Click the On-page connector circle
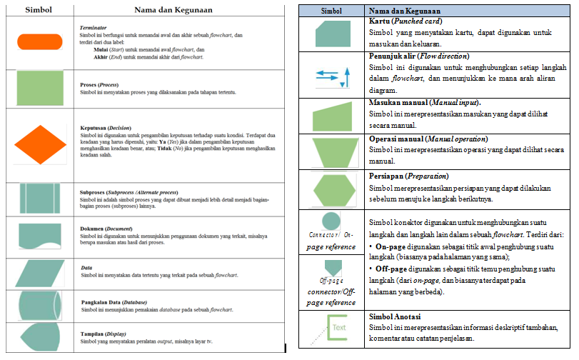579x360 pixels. [331, 220]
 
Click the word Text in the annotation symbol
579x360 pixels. [338, 329]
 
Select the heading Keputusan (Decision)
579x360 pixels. [107, 128]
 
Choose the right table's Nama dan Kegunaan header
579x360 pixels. [404, 11]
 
